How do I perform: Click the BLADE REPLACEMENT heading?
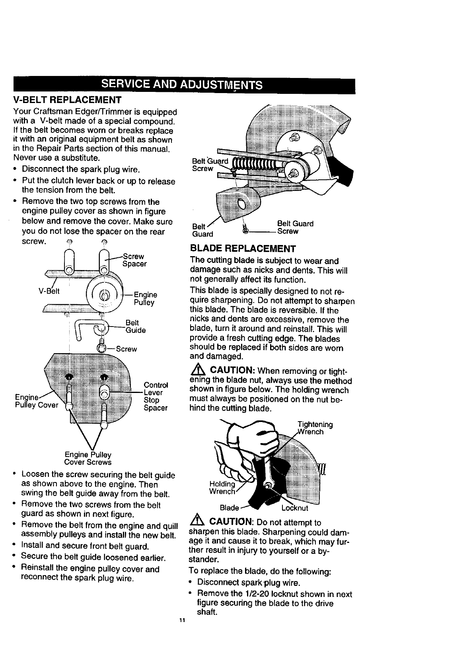point(243,249)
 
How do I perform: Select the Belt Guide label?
point(135,326)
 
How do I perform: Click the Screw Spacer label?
point(134,260)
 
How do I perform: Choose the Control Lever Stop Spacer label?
point(156,396)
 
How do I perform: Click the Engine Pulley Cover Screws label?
point(88,459)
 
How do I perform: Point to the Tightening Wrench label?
point(315,428)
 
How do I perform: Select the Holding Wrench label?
point(222,488)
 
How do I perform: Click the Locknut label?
point(295,508)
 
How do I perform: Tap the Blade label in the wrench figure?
point(230,508)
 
